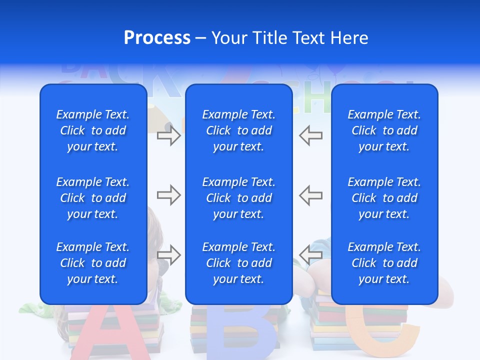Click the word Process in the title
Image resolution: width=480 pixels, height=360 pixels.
click(x=157, y=38)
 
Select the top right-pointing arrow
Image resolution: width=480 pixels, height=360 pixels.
click(x=168, y=135)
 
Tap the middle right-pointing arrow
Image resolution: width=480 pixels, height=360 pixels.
click(x=168, y=194)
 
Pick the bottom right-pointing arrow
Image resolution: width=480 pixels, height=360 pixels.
click(x=168, y=254)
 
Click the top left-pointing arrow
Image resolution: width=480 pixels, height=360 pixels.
click(x=310, y=135)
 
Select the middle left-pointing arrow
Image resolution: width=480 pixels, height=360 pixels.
click(x=310, y=194)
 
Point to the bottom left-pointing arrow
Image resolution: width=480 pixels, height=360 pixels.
click(x=310, y=254)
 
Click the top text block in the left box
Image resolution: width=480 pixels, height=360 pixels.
click(x=93, y=130)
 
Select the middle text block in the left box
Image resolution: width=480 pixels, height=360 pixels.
click(x=93, y=198)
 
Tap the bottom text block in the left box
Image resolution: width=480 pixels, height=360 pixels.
click(x=93, y=263)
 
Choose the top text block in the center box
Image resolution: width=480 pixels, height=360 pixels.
click(x=238, y=130)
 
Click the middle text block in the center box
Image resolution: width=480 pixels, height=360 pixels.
click(x=238, y=198)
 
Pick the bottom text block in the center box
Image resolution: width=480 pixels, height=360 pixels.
click(x=238, y=263)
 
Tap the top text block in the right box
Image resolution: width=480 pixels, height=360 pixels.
click(x=384, y=130)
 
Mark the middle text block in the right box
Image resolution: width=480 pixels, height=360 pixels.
click(x=384, y=198)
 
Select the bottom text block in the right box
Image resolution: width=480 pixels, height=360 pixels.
click(x=384, y=263)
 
